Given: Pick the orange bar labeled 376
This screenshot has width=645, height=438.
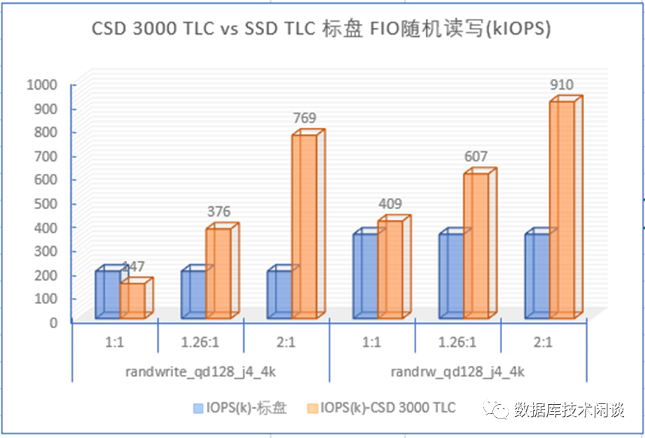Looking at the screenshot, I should [x=218, y=271].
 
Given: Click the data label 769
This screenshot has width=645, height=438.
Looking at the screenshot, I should [x=304, y=117].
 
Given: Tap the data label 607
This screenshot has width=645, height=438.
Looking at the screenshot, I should [x=476, y=157].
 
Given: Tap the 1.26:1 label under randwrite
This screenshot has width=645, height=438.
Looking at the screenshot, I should [x=201, y=342].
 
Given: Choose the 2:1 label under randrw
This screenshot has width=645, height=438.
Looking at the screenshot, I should [x=543, y=342].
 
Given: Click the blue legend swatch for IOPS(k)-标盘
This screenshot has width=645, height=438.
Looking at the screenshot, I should [x=199, y=409].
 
